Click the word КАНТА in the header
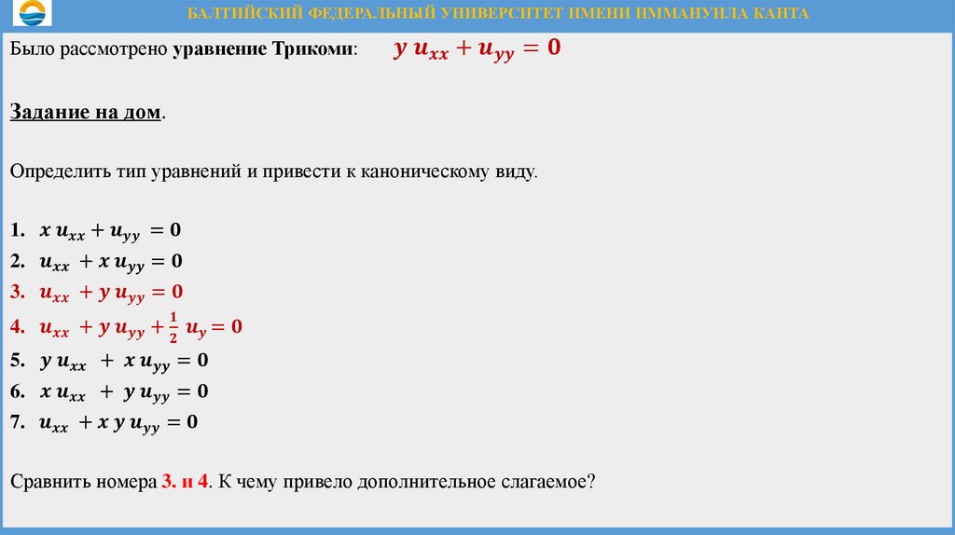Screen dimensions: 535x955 tap(779, 14)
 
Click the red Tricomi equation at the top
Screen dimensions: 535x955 tap(477, 48)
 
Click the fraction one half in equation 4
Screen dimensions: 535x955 tap(173, 326)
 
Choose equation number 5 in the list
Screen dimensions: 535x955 tap(122, 360)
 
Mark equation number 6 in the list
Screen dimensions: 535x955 tap(122, 391)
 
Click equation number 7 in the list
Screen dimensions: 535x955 tap(118, 423)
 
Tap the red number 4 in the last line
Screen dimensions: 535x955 tap(202, 483)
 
